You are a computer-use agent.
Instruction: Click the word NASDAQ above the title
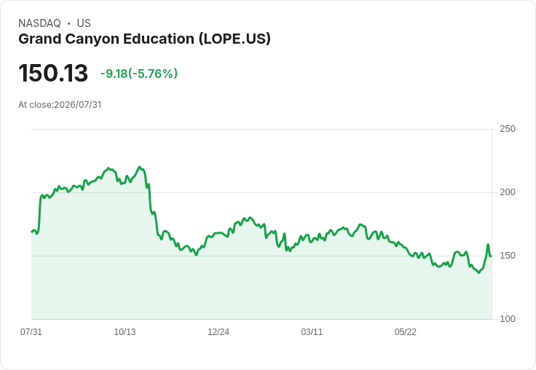[x=39, y=23]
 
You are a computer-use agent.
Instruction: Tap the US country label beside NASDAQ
[x=84, y=23]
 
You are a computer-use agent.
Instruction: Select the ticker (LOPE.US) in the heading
[x=234, y=39]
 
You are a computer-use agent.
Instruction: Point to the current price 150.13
[x=53, y=73]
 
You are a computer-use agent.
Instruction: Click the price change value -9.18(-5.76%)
[x=139, y=74]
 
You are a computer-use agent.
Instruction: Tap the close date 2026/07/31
[x=78, y=105]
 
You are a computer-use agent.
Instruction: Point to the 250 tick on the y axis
[x=508, y=129]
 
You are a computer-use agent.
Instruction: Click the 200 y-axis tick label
[x=508, y=192]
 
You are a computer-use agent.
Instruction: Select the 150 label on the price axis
[x=508, y=256]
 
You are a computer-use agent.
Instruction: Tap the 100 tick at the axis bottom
[x=508, y=319]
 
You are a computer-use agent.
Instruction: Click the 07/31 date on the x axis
[x=31, y=331]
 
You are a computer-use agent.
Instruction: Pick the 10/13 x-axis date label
[x=125, y=331]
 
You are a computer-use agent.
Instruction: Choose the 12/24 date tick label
[x=218, y=331]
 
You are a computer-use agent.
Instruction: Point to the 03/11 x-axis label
[x=312, y=331]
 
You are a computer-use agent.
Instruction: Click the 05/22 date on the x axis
[x=406, y=331]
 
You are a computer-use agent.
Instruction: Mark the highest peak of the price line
[x=140, y=167]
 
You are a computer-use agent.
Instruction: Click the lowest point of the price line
[x=478, y=272]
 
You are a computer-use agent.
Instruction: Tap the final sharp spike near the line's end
[x=488, y=245]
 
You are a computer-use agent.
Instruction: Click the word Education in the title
[x=159, y=39]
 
